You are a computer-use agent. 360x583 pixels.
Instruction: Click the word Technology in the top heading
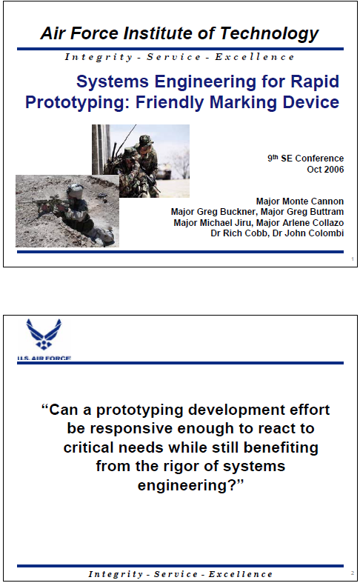[269, 34]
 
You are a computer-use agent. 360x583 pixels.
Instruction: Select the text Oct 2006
[325, 170]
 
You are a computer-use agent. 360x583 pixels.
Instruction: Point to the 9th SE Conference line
[305, 158]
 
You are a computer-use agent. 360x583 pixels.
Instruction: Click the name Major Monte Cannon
[300, 201]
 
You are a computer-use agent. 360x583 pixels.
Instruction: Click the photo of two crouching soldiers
[141, 161]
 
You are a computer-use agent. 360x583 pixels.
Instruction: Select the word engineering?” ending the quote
[190, 485]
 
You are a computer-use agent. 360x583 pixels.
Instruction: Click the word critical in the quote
[88, 447]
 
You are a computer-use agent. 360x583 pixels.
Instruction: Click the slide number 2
[352, 573]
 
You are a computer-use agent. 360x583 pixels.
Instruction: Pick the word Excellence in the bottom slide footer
[240, 574]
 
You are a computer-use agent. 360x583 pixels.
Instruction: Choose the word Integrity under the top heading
[99, 57]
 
